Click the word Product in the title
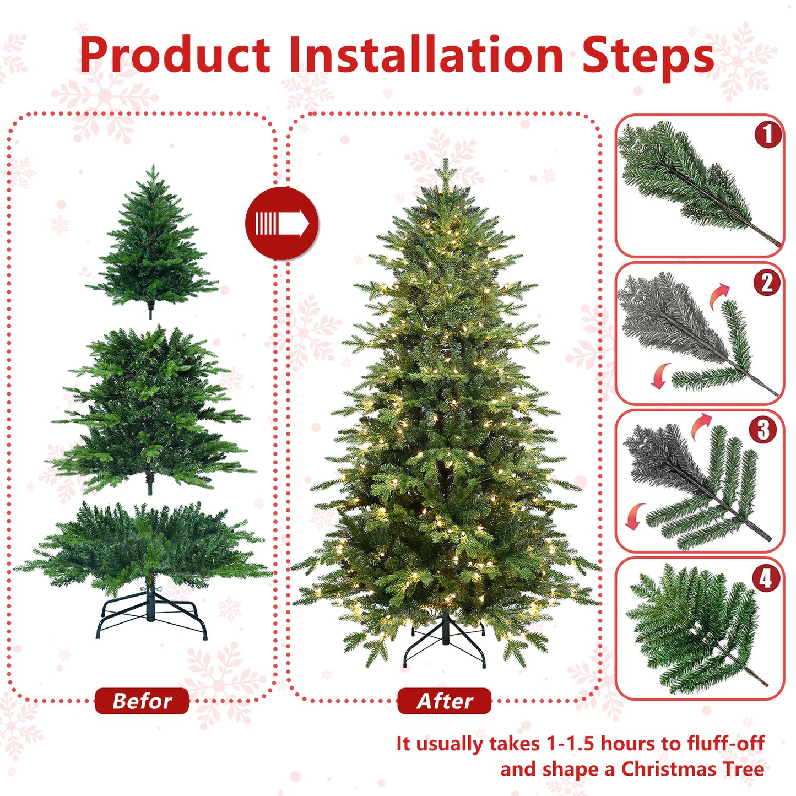(175, 55)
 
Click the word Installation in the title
(426, 55)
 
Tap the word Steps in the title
(648, 55)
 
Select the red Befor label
(142, 701)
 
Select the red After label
(444, 701)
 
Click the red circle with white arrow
(281, 223)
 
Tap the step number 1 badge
(768, 134)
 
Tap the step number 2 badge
(767, 283)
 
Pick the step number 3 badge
(763, 430)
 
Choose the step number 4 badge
(766, 578)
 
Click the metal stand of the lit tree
(445, 642)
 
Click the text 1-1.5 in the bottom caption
(570, 743)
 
